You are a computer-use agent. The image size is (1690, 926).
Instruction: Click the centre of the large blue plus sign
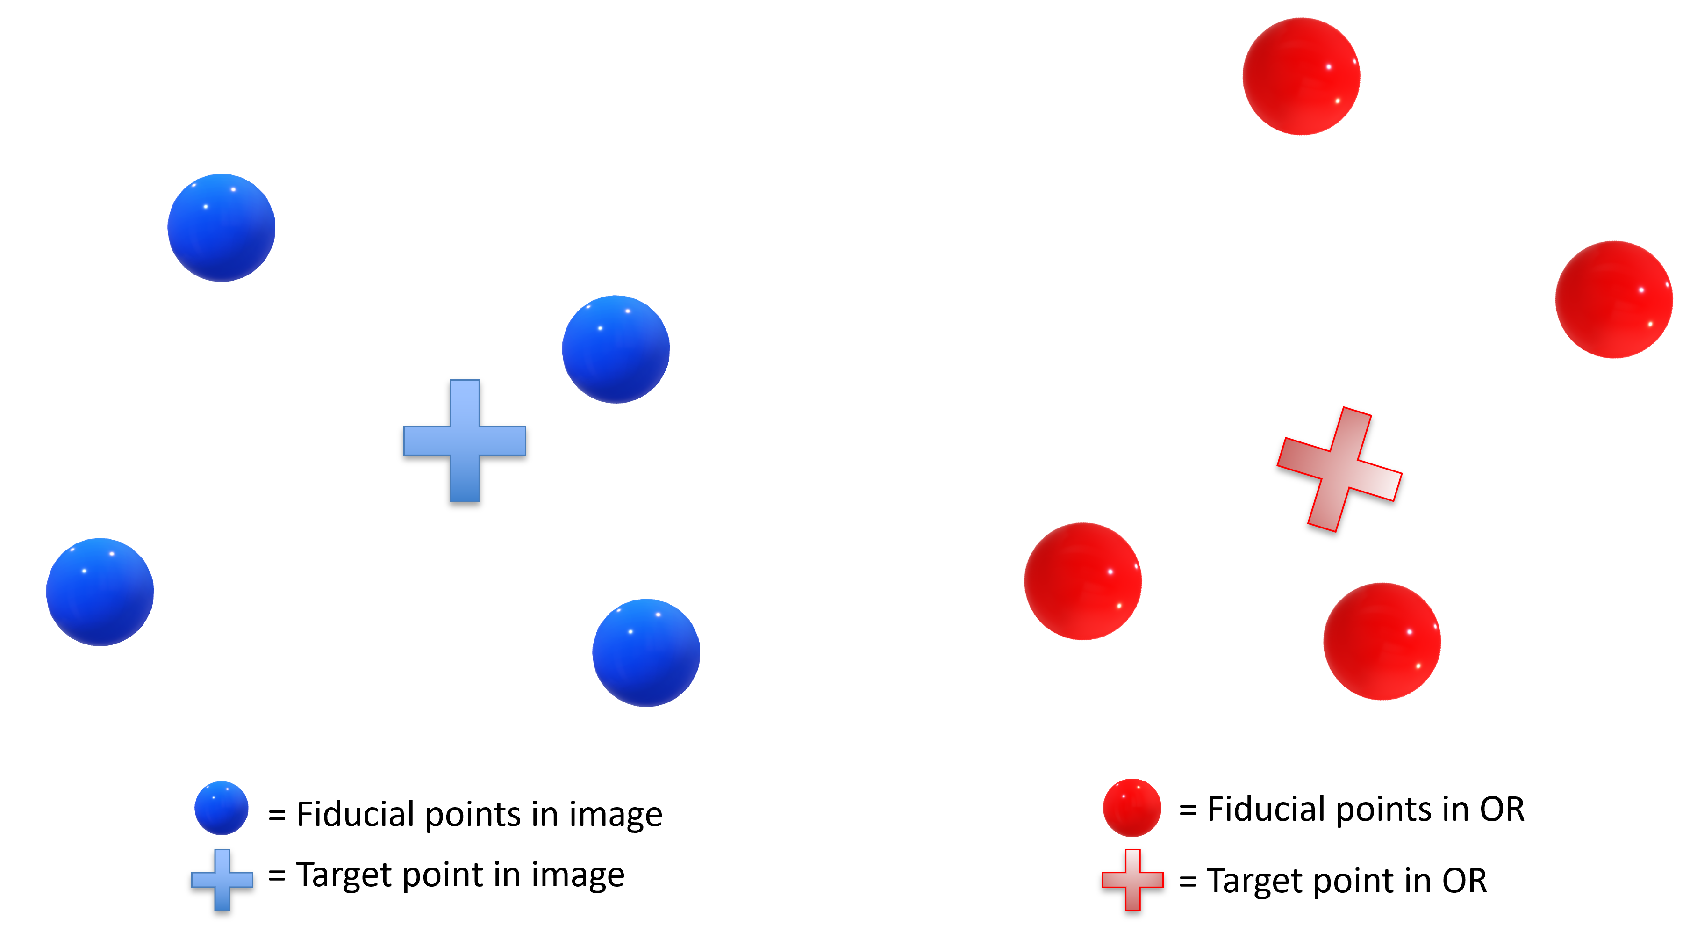tap(465, 441)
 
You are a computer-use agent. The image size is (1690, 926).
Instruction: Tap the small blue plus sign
tap(222, 879)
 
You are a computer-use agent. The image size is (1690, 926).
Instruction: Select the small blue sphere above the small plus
tap(222, 808)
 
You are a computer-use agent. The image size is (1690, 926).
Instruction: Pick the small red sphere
tap(1131, 808)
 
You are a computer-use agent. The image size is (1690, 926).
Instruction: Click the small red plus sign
tap(1133, 879)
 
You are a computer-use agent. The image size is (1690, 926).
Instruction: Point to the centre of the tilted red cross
tap(1339, 469)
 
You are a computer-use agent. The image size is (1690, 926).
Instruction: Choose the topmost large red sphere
tap(1301, 76)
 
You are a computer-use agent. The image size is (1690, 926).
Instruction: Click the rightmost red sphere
tap(1614, 299)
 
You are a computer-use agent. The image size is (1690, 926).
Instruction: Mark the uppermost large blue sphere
tap(221, 228)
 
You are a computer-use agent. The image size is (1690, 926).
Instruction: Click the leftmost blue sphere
tap(100, 592)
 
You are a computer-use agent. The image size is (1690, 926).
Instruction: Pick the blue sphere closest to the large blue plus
tap(616, 349)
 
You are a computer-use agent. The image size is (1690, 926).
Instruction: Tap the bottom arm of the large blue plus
tap(465, 480)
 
